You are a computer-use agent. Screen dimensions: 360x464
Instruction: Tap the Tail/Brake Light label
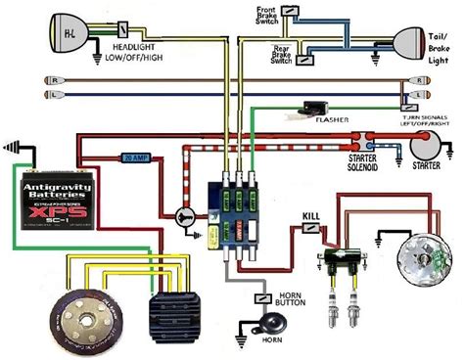coord(441,48)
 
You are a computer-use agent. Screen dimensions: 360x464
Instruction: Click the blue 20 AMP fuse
coord(137,157)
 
